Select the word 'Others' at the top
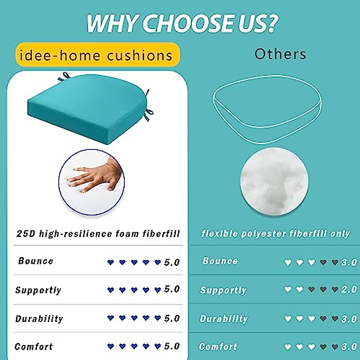(280, 54)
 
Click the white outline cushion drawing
(267, 109)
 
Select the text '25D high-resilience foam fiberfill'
(98, 234)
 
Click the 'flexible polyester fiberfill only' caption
(275, 234)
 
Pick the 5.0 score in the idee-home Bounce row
(172, 262)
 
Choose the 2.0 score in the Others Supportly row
(349, 289)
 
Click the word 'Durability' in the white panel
(39, 319)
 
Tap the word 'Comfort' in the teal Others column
(218, 347)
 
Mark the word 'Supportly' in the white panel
(38, 290)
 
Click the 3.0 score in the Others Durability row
(349, 319)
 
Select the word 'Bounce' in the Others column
(220, 261)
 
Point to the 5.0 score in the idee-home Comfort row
(172, 346)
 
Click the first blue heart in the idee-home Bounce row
(111, 262)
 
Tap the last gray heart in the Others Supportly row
(335, 289)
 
